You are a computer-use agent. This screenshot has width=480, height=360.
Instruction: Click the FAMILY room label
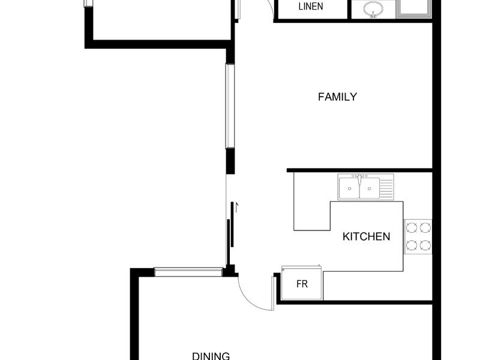[337, 97]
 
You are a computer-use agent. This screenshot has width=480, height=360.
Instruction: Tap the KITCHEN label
[366, 236]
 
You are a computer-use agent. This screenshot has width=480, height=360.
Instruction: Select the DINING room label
[211, 356]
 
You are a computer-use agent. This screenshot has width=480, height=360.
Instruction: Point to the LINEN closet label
[310, 7]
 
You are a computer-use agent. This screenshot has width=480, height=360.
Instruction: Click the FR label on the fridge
[302, 284]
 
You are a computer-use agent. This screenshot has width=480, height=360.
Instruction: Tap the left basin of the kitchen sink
[349, 188]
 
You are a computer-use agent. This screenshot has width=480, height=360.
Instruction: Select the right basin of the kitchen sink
[370, 188]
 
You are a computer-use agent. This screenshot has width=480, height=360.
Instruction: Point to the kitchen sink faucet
[359, 179]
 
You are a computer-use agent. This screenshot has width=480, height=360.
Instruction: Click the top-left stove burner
[412, 228]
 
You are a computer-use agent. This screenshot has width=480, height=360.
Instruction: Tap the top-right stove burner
[425, 228]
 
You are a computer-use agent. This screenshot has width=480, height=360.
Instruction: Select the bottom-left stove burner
[412, 245]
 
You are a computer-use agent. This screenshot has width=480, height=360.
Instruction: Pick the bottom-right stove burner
[425, 245]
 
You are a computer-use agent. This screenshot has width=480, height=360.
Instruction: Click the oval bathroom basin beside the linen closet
[373, 9]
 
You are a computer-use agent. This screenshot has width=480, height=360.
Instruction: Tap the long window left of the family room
[230, 106]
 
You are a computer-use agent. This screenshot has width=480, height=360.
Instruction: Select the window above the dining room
[188, 272]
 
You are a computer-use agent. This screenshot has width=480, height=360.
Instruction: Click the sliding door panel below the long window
[232, 224]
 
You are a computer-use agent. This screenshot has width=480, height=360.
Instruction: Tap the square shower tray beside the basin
[413, 8]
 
